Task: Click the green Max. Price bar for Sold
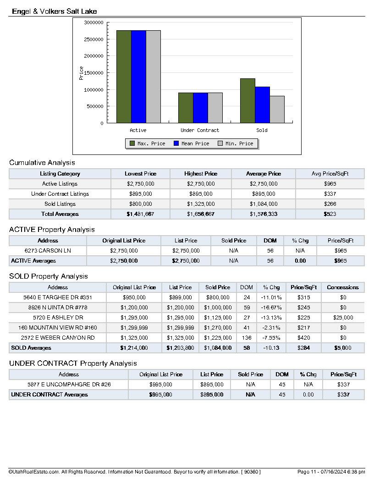247,101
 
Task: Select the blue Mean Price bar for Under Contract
200,108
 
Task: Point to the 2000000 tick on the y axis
93,56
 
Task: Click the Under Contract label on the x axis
200,130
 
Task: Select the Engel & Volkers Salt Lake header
55,11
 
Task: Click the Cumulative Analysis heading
42,162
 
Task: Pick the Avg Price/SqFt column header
330,174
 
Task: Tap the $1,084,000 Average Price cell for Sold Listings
264,204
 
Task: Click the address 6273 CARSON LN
48,251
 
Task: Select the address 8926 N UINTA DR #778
58,308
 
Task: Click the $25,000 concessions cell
342,318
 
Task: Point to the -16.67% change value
271,308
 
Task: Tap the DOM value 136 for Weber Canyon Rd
247,338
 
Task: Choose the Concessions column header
342,287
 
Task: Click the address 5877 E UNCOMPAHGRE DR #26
69,385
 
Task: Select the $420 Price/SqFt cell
303,338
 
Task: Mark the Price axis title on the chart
82,73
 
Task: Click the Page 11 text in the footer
307,472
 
